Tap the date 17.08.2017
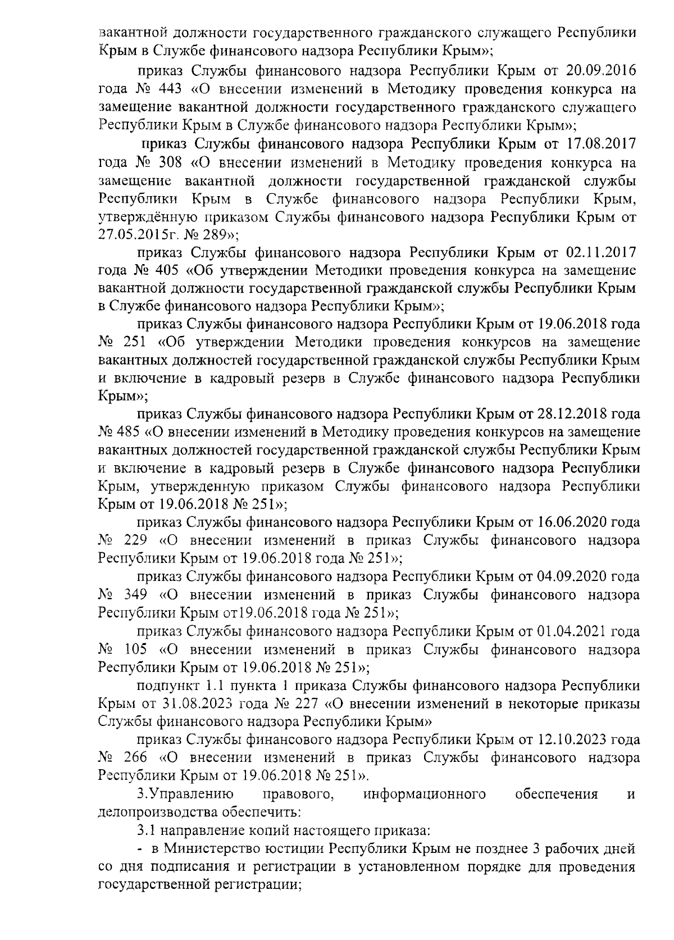click(x=598, y=143)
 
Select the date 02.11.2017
click(x=597, y=252)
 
